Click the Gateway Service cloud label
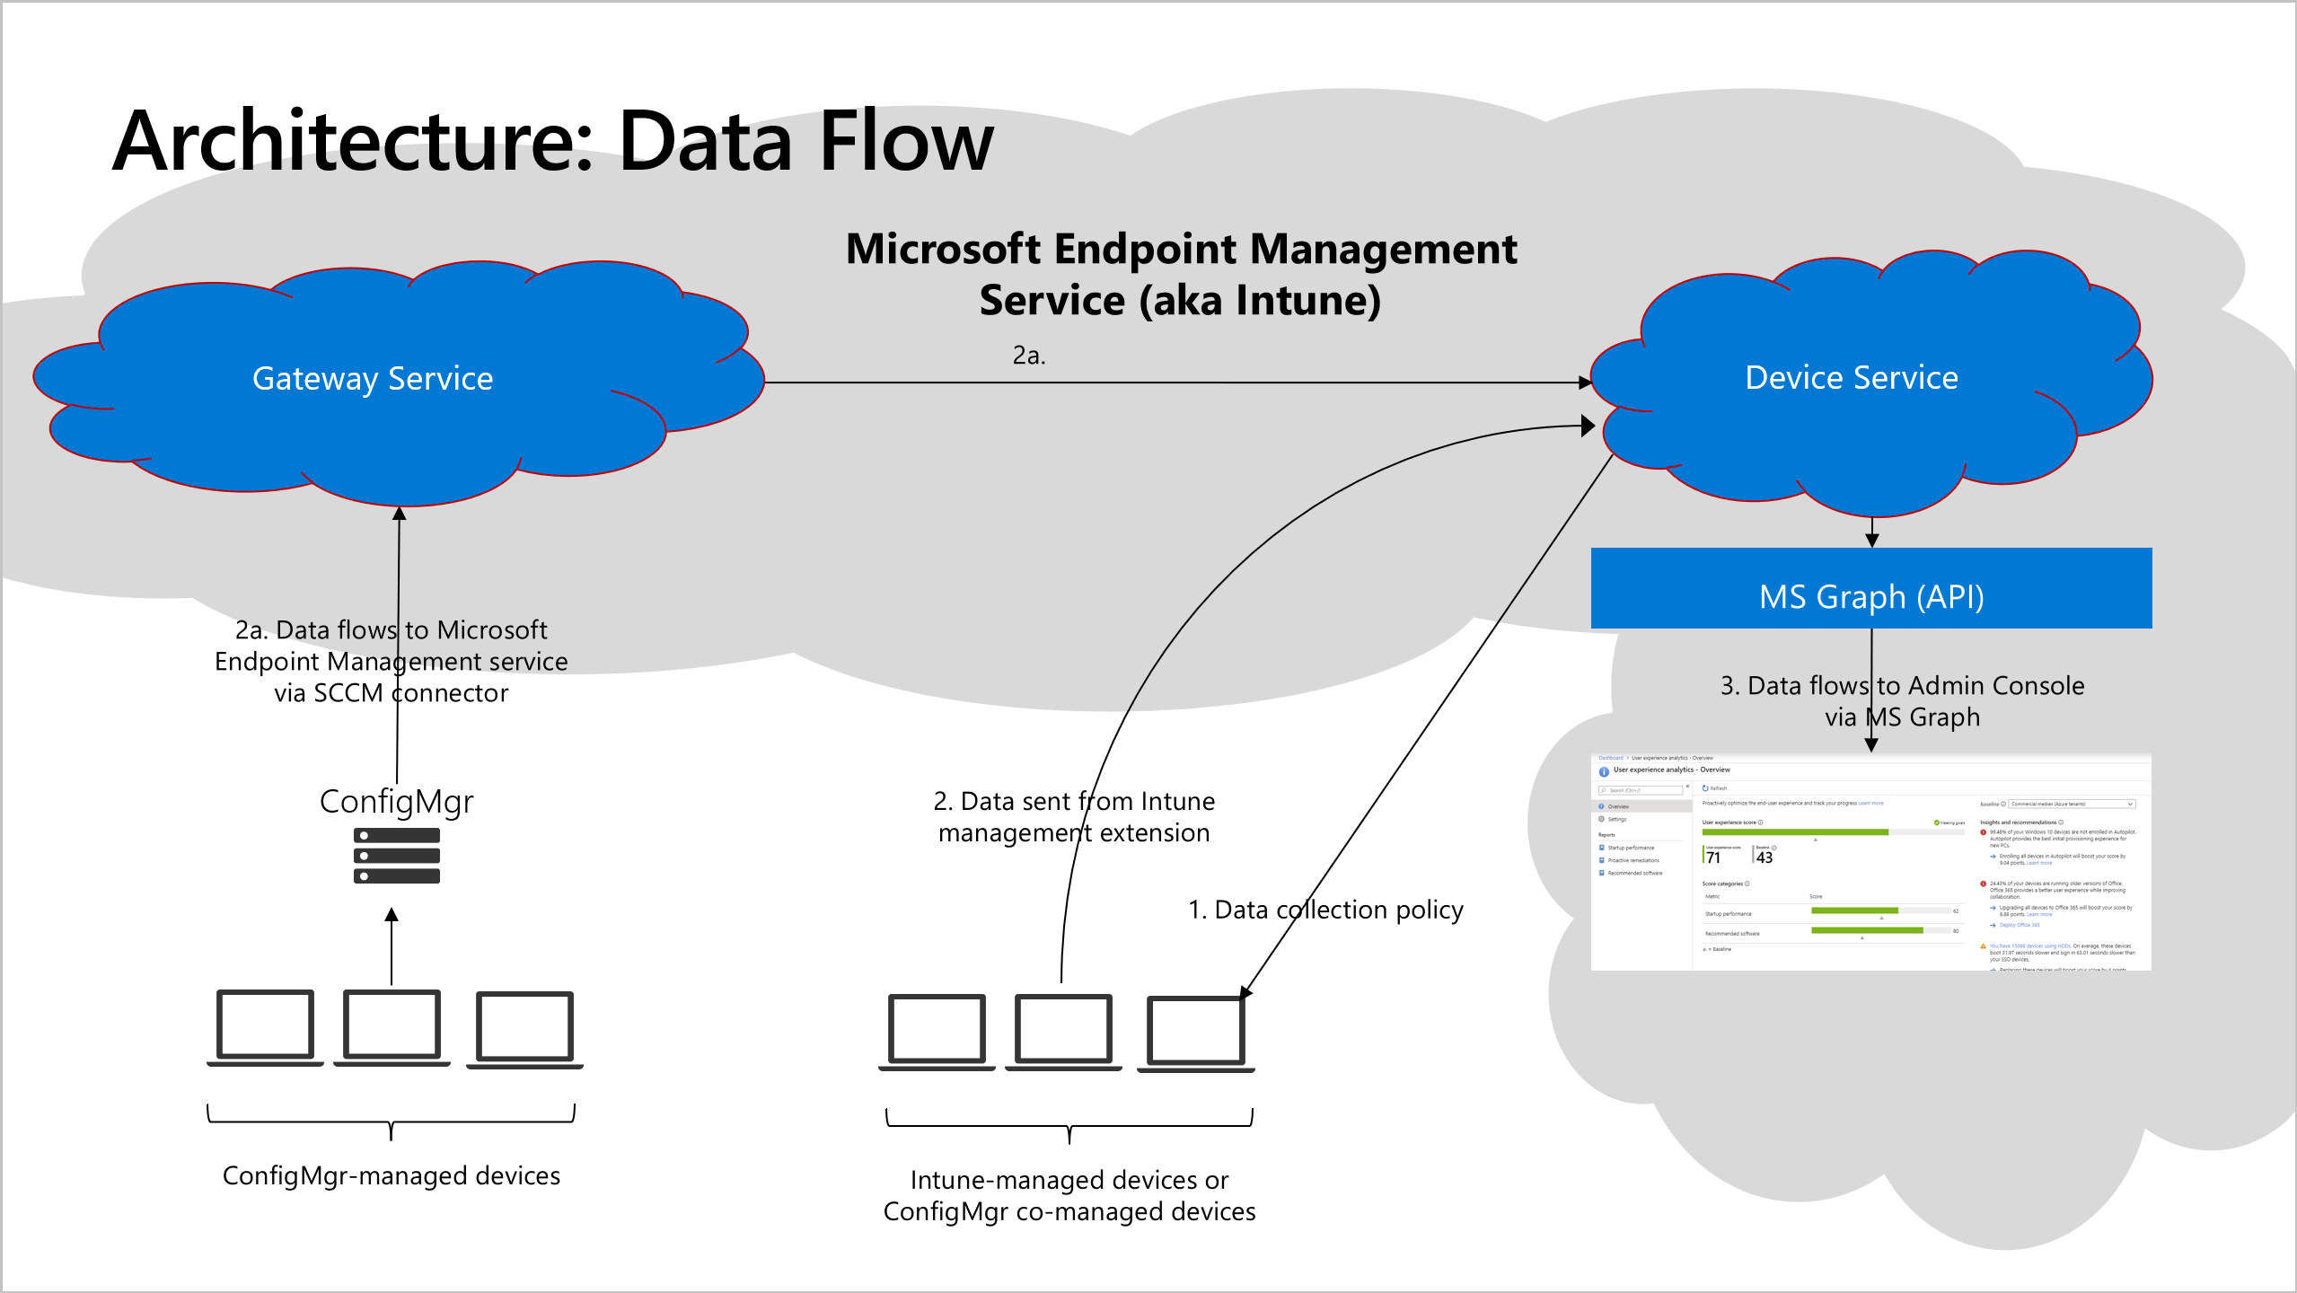click(x=373, y=379)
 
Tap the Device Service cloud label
click(x=1851, y=378)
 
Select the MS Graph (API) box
click(x=1870, y=589)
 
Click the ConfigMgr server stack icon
click(x=396, y=856)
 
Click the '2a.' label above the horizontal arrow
click(x=1029, y=356)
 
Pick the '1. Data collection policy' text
click(x=1325, y=910)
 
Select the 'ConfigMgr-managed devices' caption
click(x=391, y=1175)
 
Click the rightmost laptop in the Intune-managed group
click(x=1195, y=1032)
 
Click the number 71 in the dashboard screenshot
click(x=1713, y=858)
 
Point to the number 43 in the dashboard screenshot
click(x=1765, y=858)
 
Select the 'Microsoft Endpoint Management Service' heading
click(x=1181, y=274)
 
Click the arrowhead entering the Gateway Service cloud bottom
click(x=400, y=514)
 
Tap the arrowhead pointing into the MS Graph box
click(x=1871, y=540)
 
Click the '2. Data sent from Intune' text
click(x=1074, y=801)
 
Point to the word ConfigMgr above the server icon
click(x=396, y=801)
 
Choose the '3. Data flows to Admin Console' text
click(x=1902, y=685)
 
